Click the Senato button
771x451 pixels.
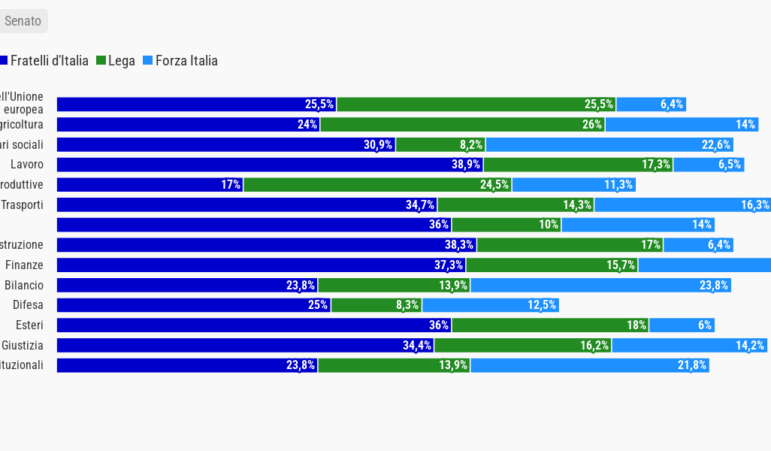pos(23,21)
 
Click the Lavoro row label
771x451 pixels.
pos(27,165)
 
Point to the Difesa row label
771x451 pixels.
pos(28,305)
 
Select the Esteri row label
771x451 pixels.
pos(29,325)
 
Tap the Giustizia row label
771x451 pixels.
pos(23,346)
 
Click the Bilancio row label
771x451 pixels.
pos(24,285)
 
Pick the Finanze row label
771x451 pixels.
pos(24,265)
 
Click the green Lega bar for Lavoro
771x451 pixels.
pos(578,165)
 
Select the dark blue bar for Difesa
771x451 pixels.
pos(194,305)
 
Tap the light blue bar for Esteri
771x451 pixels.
pos(682,325)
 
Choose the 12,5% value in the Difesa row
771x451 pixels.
pos(542,305)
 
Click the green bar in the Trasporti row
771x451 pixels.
pos(516,204)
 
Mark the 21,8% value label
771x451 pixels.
pos(692,365)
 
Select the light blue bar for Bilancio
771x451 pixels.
pos(600,285)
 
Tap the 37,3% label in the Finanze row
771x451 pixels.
pos(449,265)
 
